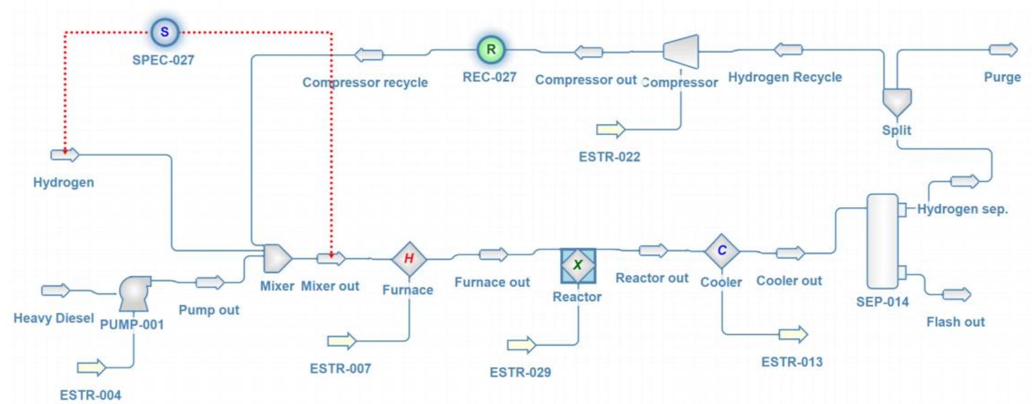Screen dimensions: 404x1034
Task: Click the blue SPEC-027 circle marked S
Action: pyautogui.click(x=164, y=32)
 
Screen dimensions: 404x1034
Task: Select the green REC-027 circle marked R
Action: pyautogui.click(x=491, y=49)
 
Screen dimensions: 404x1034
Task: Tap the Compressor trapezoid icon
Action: pyautogui.click(x=681, y=51)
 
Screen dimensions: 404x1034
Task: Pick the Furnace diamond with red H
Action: pyautogui.click(x=409, y=259)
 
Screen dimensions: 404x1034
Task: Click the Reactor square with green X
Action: pyautogui.click(x=578, y=265)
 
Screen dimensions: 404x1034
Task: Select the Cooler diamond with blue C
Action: pyautogui.click(x=721, y=251)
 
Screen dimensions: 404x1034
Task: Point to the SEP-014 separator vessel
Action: pyautogui.click(x=882, y=241)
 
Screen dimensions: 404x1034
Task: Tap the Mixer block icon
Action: pyautogui.click(x=277, y=258)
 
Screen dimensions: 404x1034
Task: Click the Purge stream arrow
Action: pyautogui.click(x=1003, y=50)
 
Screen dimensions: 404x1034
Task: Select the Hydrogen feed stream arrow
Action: pyautogui.click(x=64, y=155)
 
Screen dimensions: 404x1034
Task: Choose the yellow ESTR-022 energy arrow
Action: pyautogui.click(x=611, y=129)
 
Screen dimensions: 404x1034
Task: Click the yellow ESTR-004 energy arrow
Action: pyautogui.click(x=91, y=367)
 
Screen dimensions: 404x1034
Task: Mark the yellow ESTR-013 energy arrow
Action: pyautogui.click(x=793, y=334)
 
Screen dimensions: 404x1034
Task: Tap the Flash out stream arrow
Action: pyautogui.click(x=956, y=294)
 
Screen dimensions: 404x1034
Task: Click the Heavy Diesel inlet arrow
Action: pyautogui.click(x=55, y=291)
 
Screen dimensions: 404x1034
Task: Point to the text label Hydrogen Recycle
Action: pyautogui.click(x=785, y=77)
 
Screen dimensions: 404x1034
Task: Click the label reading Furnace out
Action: pyautogui.click(x=491, y=282)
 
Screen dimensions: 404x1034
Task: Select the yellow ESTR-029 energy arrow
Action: pyautogui.click(x=521, y=345)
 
